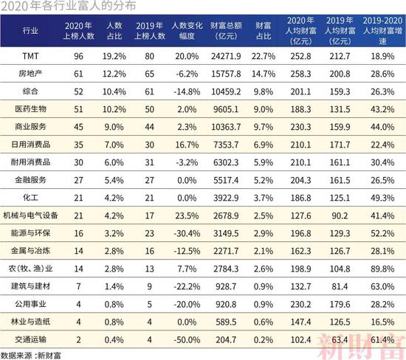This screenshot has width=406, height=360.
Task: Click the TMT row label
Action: (30, 56)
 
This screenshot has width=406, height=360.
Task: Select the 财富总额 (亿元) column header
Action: (226, 31)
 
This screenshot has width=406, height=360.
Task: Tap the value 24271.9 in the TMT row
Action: (226, 56)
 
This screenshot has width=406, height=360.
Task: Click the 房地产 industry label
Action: (30, 74)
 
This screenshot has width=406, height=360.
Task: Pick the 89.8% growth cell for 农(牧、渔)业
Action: (382, 269)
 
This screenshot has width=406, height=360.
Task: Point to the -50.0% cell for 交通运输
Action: (187, 339)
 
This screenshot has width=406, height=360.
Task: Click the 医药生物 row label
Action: (30, 109)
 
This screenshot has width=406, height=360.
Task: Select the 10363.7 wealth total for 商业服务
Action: (226, 127)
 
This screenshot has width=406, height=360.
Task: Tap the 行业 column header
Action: (30, 31)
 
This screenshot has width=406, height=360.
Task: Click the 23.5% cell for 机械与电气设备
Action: (187, 215)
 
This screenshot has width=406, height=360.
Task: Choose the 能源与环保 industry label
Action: (30, 233)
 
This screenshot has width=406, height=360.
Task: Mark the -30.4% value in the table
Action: (187, 233)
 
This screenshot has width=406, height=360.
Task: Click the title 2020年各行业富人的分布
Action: (68, 6)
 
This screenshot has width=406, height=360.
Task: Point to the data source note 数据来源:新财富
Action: (30, 356)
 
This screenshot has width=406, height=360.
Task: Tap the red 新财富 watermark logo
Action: (361, 346)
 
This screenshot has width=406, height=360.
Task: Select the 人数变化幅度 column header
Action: (187, 31)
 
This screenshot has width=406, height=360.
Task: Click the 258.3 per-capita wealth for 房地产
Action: (300, 74)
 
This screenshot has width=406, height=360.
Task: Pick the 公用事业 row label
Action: (30, 304)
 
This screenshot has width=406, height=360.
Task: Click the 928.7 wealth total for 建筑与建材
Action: (226, 286)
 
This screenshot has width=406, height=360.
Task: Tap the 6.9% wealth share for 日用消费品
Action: (264, 145)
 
